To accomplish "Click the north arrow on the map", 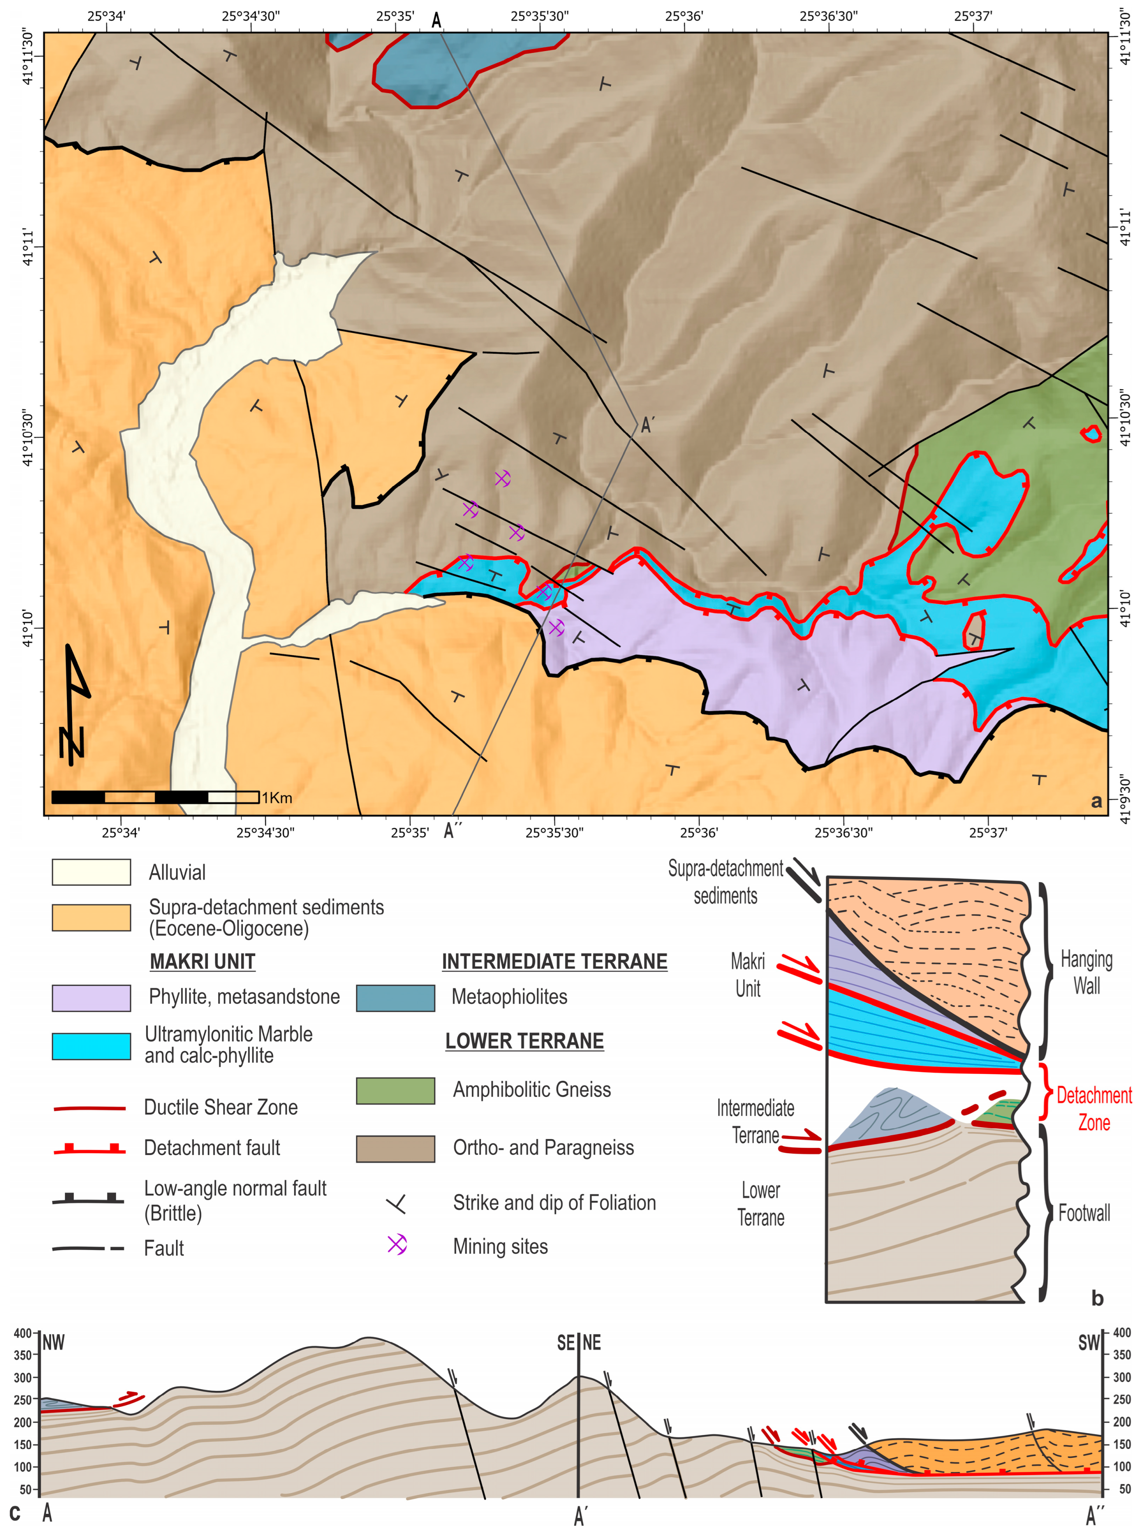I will (x=75, y=704).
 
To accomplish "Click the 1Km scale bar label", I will (x=277, y=797).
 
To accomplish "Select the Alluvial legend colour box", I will (x=91, y=872).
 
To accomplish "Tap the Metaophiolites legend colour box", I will (x=395, y=997).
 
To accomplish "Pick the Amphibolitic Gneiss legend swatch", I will (x=395, y=1090).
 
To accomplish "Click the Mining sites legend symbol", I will (x=396, y=1244).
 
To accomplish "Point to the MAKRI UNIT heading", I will (x=202, y=961).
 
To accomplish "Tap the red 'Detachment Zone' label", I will (x=1094, y=1108).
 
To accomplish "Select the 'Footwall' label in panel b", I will (x=1084, y=1213).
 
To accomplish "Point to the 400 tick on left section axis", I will (x=23, y=1333).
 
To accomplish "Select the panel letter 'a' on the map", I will (x=1096, y=801).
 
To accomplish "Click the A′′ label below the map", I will (x=452, y=831).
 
